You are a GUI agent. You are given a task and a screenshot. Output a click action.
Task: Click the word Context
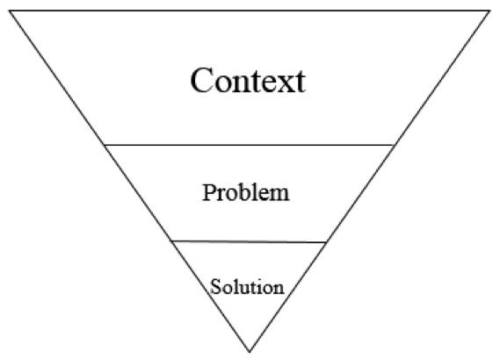tap(248, 80)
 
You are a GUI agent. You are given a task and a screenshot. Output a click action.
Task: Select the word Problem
tap(246, 192)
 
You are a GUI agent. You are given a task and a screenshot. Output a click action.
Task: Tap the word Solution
tap(247, 286)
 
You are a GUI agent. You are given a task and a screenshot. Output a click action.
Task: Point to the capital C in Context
tap(202, 80)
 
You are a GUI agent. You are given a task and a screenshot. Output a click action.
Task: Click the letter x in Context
tap(279, 83)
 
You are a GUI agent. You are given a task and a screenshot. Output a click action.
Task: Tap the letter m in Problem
tap(279, 195)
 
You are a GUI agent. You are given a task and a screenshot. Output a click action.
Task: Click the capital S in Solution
tap(215, 286)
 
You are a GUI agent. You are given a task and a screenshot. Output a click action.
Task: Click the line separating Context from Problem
tap(249, 145)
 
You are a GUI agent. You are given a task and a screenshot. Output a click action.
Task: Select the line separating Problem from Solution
tap(249, 241)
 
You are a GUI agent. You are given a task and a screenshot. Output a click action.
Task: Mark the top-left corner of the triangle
tap(10, 11)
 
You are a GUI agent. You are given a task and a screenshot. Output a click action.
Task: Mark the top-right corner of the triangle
tap(490, 11)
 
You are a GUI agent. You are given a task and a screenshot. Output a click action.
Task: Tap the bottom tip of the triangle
tap(250, 352)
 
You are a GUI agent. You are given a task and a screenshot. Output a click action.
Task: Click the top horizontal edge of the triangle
tap(250, 11)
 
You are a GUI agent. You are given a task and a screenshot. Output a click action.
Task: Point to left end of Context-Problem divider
tap(105, 145)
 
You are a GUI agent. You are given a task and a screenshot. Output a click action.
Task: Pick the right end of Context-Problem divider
tap(394, 145)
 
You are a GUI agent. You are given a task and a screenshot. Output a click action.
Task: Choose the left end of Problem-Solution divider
tap(172, 241)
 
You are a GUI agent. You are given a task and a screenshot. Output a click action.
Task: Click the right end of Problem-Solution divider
tap(326, 242)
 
